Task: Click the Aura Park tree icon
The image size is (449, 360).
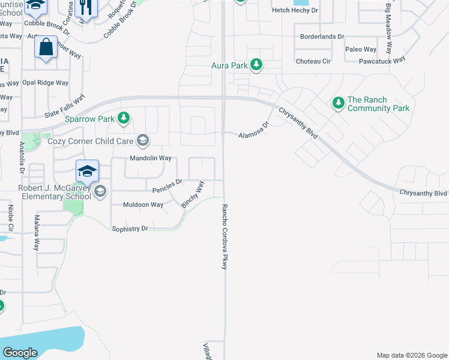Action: coord(256,65)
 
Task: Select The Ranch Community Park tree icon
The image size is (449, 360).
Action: coord(338,104)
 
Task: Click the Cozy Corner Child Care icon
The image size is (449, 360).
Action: coord(142,140)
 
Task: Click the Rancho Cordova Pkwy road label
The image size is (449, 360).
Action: coord(225,236)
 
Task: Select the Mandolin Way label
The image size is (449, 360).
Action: coord(151,158)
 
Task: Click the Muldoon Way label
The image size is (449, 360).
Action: coord(143,205)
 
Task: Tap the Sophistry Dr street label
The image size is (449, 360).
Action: coord(130,229)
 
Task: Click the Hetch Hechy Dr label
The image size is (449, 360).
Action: coord(294,10)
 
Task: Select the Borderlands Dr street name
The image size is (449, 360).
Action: coord(324,36)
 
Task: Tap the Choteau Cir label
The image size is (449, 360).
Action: coord(313,61)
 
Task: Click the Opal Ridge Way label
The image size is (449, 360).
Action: coord(45,82)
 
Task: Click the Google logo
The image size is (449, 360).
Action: coord(20,353)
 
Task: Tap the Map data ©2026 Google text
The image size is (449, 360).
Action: coord(411,355)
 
